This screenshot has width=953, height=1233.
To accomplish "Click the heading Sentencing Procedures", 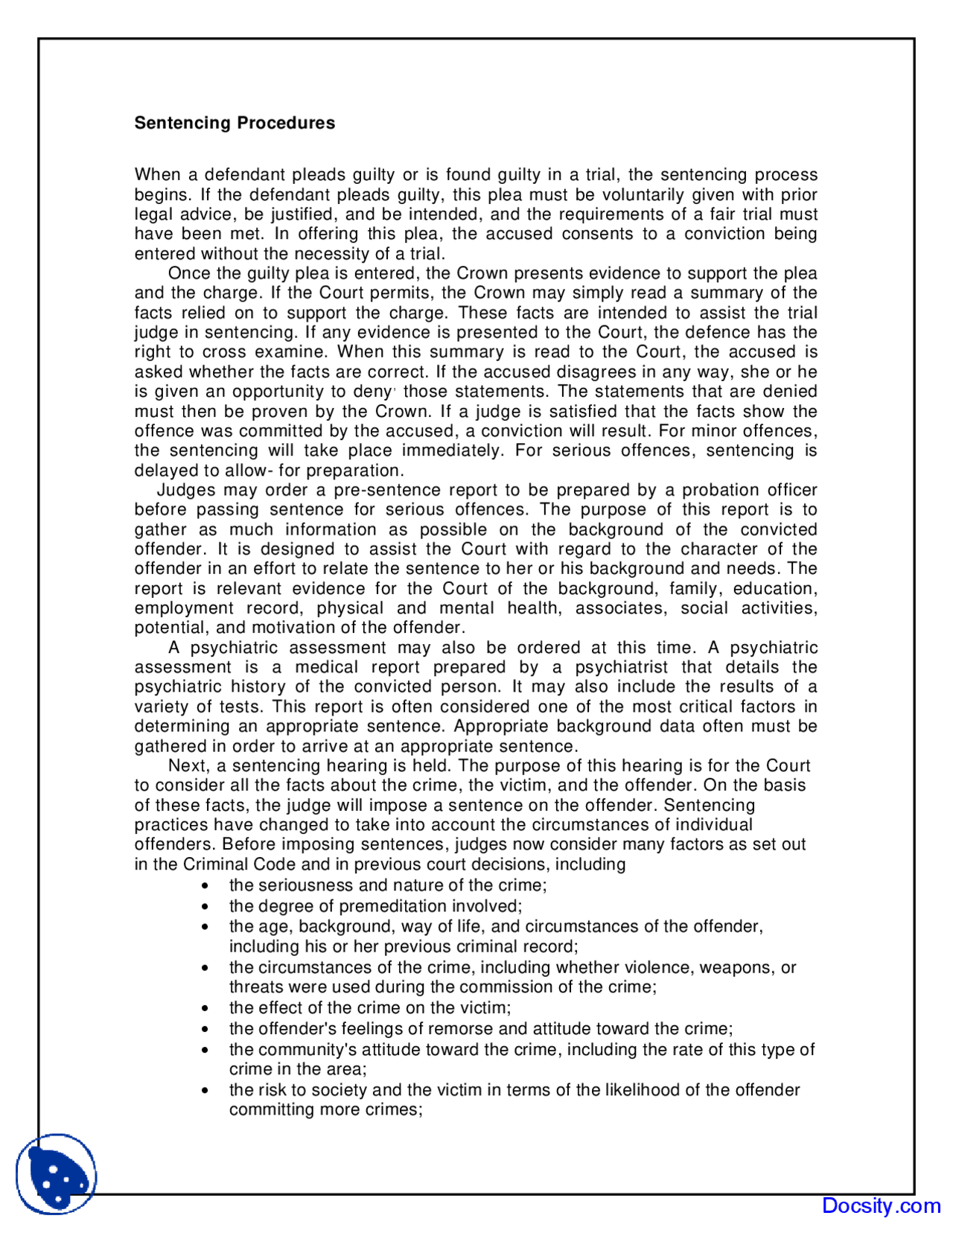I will (x=235, y=123).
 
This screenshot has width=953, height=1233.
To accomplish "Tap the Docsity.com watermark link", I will (x=881, y=1205).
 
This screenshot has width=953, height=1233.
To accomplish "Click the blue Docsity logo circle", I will (x=57, y=1173).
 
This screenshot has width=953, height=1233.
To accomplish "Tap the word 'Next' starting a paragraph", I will (x=188, y=765).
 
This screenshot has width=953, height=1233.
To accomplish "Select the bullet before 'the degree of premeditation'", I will (x=205, y=908).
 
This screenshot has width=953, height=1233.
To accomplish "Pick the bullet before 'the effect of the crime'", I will (x=205, y=1009).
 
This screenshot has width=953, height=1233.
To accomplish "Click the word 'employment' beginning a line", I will (x=184, y=608).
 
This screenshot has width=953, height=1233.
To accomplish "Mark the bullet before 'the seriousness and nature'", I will (x=205, y=887).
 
